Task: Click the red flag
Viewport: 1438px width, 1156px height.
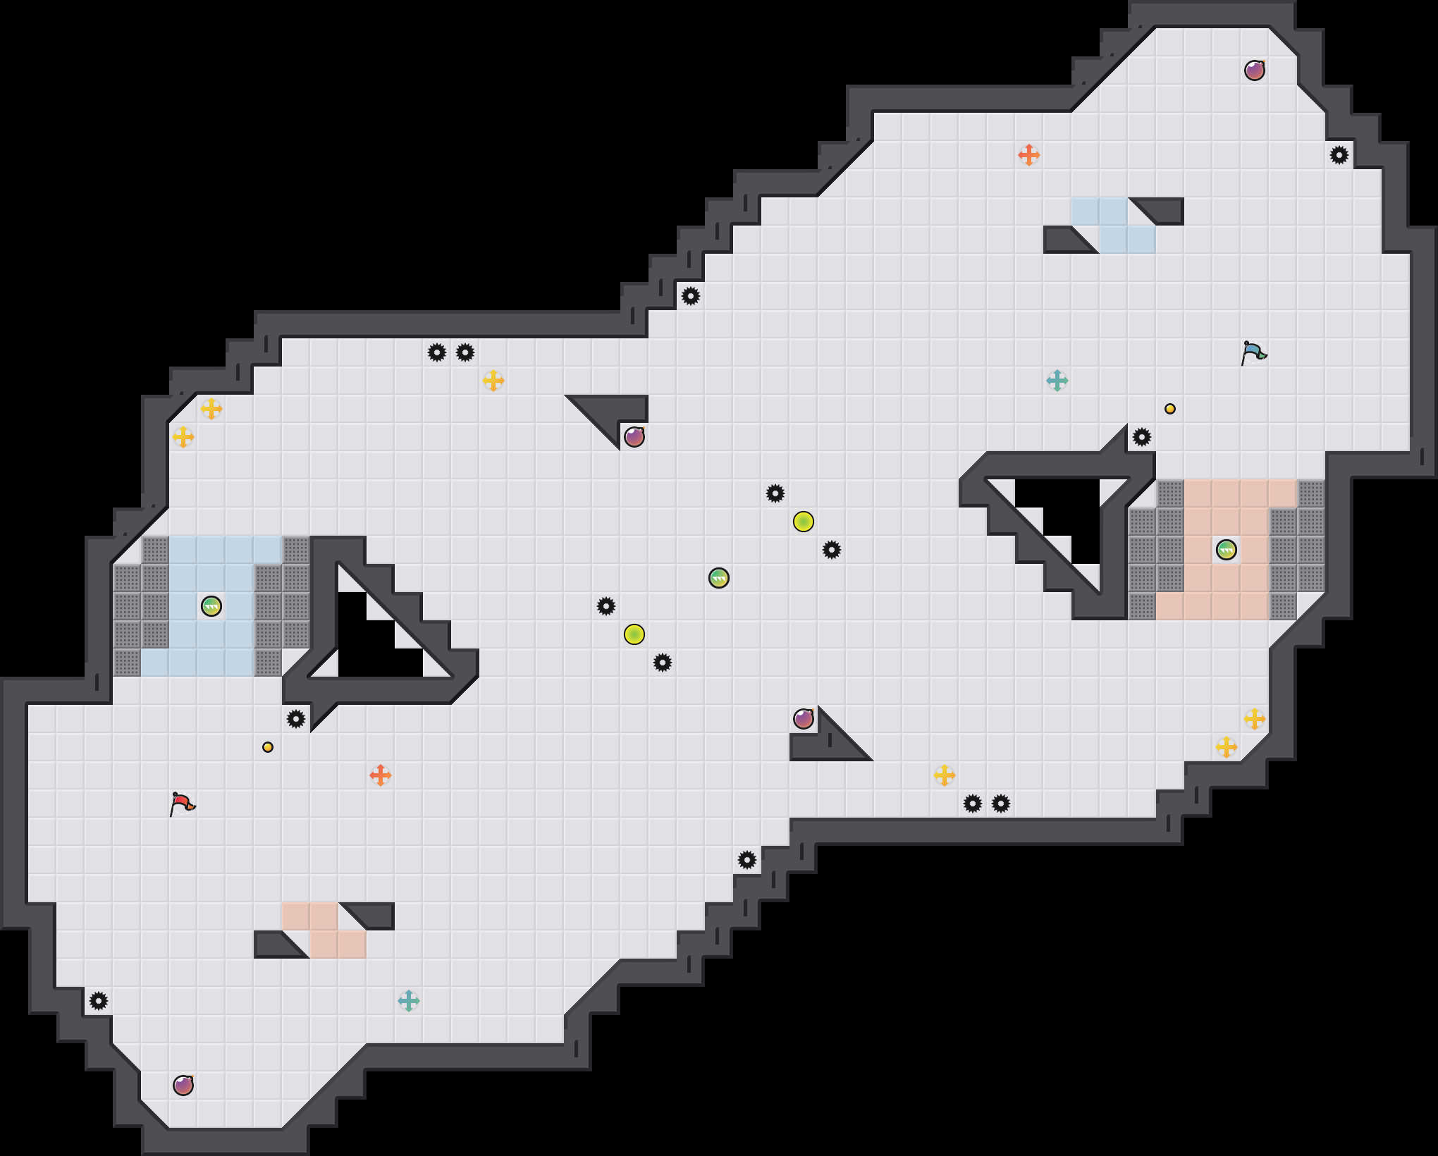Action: coord(183,804)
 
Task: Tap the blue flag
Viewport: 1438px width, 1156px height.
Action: coord(1253,352)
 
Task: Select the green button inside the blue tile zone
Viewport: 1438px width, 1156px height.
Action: coord(211,606)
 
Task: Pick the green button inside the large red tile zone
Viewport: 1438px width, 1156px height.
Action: coord(1227,550)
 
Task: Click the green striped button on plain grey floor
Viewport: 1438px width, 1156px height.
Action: coord(719,578)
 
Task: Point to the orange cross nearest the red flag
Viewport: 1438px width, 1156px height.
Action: coord(381,775)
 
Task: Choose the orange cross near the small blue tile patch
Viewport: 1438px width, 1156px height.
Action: coord(1029,155)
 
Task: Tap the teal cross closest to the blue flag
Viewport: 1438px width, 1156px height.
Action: coord(1057,381)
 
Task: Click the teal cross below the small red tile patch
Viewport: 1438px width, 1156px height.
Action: coord(409,1001)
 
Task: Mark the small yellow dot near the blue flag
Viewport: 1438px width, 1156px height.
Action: coord(1170,409)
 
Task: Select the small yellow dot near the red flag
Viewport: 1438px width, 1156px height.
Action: coord(268,747)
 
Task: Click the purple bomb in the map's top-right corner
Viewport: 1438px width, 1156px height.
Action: coord(1255,70)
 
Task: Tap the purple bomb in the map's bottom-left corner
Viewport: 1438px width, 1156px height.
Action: coord(183,1086)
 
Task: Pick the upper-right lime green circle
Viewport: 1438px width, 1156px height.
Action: coord(804,522)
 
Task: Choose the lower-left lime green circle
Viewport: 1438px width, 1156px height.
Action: coord(634,634)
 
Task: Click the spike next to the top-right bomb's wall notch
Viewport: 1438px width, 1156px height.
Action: coord(1339,155)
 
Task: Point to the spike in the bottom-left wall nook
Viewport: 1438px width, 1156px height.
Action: coord(99,1001)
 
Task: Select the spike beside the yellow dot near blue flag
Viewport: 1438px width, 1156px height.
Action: coord(1142,437)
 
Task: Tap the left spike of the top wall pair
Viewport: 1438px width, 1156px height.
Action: coord(437,352)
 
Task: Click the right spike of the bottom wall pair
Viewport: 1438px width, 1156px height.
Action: coord(1001,804)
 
